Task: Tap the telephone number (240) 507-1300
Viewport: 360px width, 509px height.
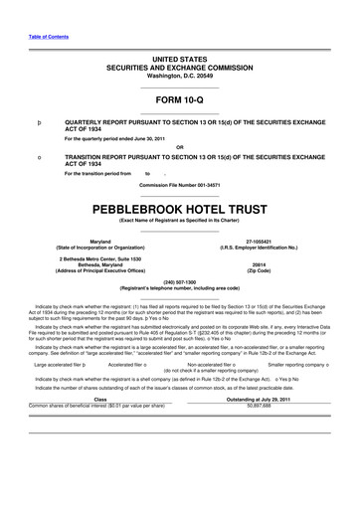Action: (x=180, y=281)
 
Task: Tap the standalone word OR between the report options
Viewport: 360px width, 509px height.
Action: (x=180, y=148)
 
